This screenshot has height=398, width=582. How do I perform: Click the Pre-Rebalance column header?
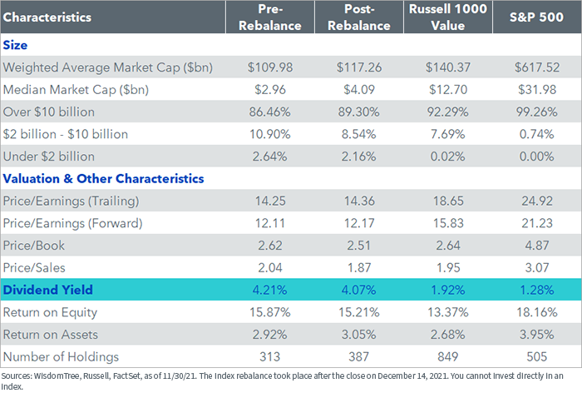[270, 17]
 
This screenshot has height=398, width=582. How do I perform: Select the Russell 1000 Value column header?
[448, 17]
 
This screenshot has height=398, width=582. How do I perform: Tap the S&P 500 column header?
[537, 17]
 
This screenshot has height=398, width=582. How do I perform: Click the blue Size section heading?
[15, 45]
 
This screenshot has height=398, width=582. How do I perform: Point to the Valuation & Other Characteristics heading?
[104, 179]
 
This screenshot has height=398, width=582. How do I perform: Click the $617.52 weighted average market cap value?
[537, 67]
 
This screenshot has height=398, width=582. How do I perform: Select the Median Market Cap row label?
[76, 90]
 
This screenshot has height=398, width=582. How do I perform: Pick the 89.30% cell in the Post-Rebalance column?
[359, 112]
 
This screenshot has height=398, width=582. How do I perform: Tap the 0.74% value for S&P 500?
[537, 134]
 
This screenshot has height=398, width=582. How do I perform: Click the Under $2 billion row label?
[48, 157]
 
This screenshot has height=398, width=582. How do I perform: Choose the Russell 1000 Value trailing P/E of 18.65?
[448, 201]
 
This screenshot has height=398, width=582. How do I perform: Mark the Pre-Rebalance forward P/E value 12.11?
[270, 223]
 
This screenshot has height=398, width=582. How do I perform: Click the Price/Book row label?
[34, 246]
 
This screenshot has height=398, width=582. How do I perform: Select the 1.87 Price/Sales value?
[359, 268]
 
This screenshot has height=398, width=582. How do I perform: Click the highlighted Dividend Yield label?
[48, 290]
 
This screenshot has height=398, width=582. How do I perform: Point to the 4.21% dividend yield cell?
[270, 290]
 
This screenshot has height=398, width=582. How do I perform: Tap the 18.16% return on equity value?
[537, 312]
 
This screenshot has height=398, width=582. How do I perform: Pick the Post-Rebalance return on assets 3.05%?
[359, 335]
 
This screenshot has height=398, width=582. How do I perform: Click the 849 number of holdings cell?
[448, 356]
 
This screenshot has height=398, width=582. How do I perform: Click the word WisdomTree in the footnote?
[57, 376]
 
